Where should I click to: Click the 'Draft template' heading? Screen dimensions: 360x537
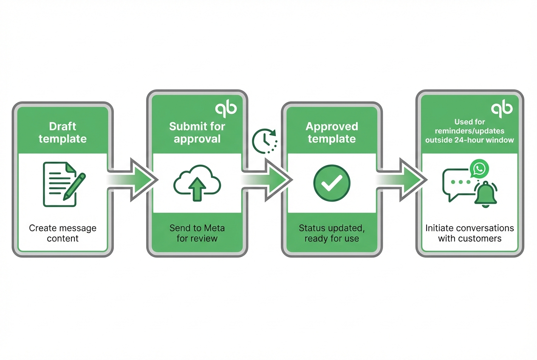click(62, 132)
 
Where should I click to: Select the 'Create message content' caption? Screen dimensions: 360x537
click(62, 233)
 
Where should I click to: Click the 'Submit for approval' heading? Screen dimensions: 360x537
click(197, 132)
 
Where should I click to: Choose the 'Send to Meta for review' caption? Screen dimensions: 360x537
click(197, 233)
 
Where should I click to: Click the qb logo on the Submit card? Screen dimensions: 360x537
click(226, 109)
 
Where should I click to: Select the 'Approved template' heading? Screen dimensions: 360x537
click(332, 132)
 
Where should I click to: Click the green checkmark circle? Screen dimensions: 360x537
click(332, 183)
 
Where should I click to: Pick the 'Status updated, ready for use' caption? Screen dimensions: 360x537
click(332, 233)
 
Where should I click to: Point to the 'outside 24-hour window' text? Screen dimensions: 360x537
click(469, 140)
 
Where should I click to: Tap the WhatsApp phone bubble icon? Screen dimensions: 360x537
click(480, 169)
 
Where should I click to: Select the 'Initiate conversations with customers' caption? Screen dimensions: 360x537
click(469, 233)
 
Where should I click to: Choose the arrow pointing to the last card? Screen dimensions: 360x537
click(401, 180)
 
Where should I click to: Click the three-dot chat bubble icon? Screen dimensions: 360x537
click(457, 183)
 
